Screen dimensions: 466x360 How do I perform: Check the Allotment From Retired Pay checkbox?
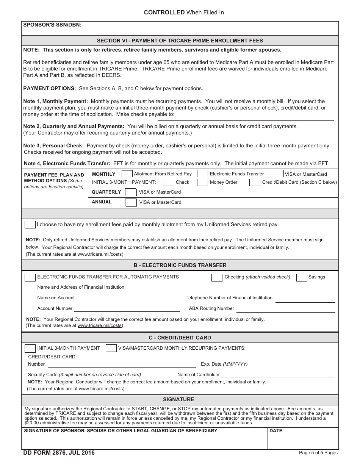pos(127,174)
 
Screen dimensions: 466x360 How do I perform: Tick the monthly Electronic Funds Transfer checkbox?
pos(203,174)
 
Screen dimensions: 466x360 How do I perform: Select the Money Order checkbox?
pos(203,182)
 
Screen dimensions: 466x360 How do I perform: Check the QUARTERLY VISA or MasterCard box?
pos(131,192)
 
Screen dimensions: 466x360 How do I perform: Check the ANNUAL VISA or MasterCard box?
pos(131,202)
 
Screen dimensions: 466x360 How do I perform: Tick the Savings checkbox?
pos(302,277)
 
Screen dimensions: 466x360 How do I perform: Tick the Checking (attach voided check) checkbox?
pos(217,277)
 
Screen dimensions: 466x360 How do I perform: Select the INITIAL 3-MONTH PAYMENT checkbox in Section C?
pos(30,348)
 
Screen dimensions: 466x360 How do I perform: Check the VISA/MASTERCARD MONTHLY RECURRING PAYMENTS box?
pos(111,348)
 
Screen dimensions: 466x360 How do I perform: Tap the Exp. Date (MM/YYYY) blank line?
pos(266,365)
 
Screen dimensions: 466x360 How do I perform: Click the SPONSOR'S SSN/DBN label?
pos(52,25)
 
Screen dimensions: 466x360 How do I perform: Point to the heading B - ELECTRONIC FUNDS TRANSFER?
pos(180,265)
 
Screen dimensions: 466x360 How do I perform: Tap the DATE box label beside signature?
pos(276,431)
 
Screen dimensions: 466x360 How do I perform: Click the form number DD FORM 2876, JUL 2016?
pos(59,453)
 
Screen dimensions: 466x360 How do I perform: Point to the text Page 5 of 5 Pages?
pos(318,453)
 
